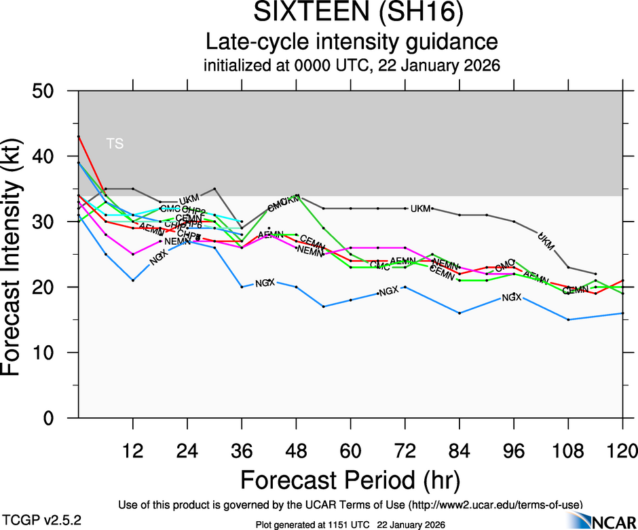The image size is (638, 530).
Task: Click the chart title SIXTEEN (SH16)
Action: point(352,13)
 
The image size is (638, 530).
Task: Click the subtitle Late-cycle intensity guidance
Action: point(352,42)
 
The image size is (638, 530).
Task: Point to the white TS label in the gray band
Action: point(115,143)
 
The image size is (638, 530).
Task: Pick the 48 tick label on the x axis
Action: point(296,449)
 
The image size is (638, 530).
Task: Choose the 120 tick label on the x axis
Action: point(622,449)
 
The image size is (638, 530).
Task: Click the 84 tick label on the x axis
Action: point(459,449)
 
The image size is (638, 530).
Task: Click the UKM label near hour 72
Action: point(420,209)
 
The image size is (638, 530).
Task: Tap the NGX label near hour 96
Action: point(512,298)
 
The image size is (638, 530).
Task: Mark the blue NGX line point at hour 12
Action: point(133,280)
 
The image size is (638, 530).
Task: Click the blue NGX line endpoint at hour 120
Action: point(622,313)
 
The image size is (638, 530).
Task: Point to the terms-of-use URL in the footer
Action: point(495,504)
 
